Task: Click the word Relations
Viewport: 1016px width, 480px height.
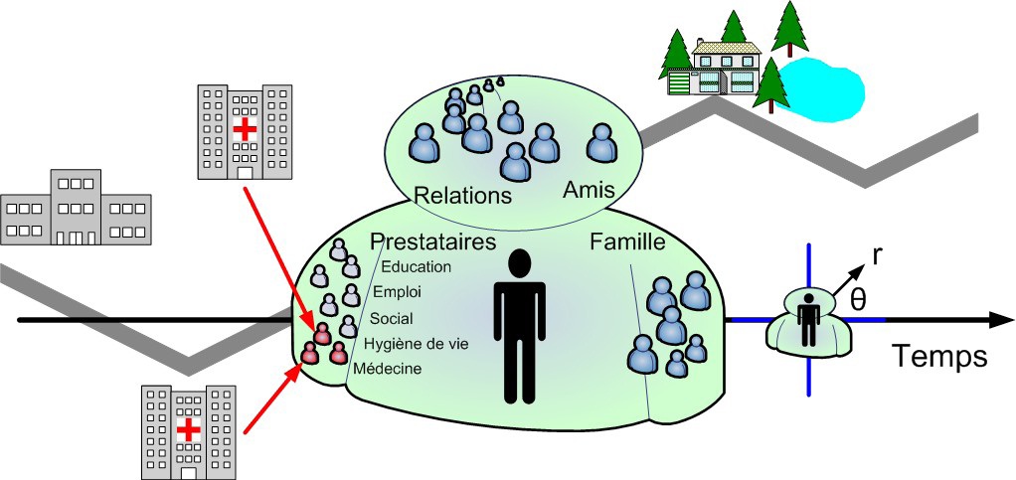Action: (x=462, y=194)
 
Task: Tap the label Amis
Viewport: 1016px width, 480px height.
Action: (x=592, y=189)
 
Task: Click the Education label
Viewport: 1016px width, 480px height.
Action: (x=416, y=266)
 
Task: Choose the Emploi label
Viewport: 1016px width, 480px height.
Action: (x=397, y=292)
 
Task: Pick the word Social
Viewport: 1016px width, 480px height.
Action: (x=392, y=319)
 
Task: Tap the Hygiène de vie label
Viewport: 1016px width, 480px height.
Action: (x=416, y=344)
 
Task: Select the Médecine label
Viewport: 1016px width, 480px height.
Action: (x=388, y=369)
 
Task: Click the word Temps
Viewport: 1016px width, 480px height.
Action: (x=939, y=356)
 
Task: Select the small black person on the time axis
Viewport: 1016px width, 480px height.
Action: (x=810, y=319)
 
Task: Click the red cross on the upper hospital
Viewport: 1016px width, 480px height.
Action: (x=244, y=129)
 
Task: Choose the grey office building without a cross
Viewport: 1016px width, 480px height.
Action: (x=76, y=209)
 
